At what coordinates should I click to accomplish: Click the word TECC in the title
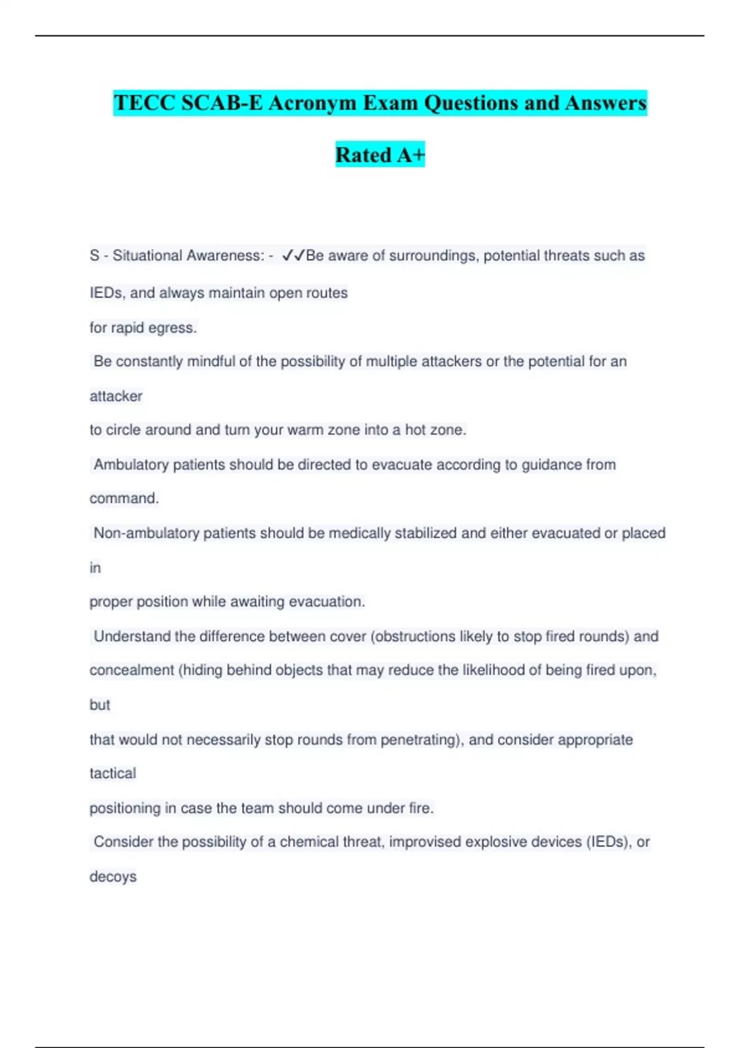pos(145,103)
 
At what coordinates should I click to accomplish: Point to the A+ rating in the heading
pos(411,155)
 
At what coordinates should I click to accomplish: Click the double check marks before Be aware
pos(293,255)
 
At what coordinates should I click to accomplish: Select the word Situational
pos(147,255)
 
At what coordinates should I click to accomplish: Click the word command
pos(124,498)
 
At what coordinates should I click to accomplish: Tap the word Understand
pos(131,636)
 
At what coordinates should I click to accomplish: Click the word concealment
pos(131,670)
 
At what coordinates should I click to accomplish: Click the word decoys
pos(113,877)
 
